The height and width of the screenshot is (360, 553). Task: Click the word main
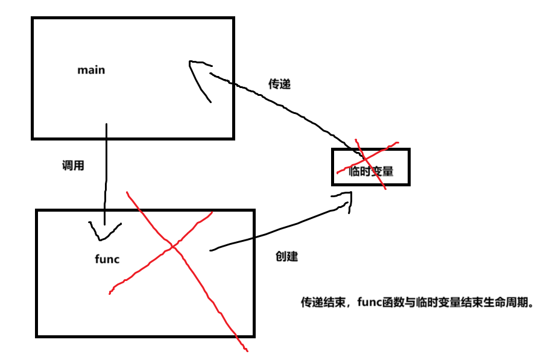click(91, 70)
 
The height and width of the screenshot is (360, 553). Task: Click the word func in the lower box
click(107, 259)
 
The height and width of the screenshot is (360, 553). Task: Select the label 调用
click(73, 165)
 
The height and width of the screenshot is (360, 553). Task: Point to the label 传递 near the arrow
click(279, 84)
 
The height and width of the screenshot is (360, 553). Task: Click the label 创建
click(286, 256)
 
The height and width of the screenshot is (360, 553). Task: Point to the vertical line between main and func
click(106, 175)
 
